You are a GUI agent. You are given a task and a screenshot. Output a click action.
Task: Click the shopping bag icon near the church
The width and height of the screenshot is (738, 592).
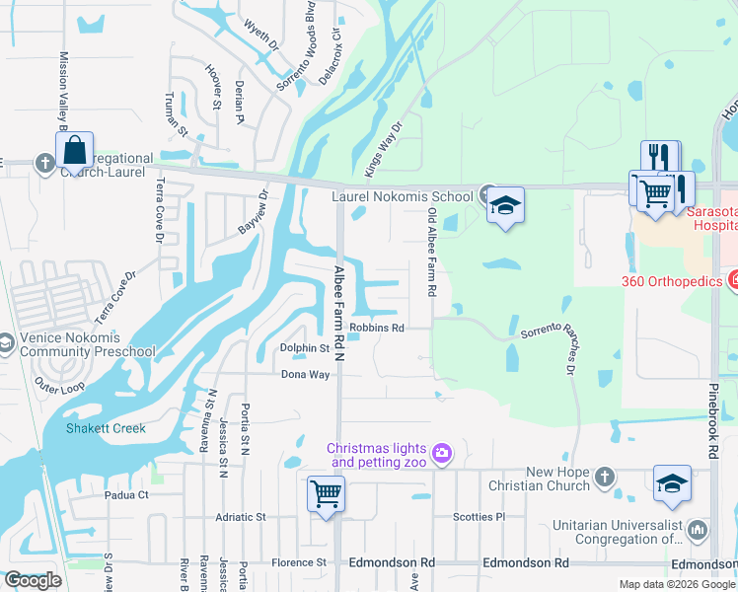(x=75, y=151)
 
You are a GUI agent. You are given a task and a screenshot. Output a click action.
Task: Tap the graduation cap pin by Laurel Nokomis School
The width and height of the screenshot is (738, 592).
(x=505, y=206)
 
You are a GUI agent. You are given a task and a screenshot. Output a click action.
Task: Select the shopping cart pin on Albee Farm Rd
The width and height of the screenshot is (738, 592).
(x=326, y=493)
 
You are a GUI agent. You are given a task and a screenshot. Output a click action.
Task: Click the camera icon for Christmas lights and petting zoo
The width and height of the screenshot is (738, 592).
(x=442, y=453)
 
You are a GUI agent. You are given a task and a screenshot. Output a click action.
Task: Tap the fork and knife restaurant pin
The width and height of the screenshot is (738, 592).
(x=659, y=159)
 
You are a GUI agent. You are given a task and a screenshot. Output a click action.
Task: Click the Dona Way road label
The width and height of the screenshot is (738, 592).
(x=305, y=374)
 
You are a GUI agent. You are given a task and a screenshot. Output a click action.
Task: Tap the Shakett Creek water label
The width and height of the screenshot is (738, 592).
(x=105, y=428)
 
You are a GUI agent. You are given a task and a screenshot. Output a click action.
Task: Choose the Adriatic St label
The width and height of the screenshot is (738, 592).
(x=241, y=517)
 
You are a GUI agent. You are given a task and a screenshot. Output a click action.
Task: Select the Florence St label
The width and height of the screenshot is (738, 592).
(x=300, y=562)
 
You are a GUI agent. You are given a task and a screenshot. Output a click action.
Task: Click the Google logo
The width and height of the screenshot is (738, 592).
(x=33, y=580)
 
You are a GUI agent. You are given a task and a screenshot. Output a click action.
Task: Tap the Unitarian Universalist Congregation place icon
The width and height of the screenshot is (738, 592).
(x=698, y=531)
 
